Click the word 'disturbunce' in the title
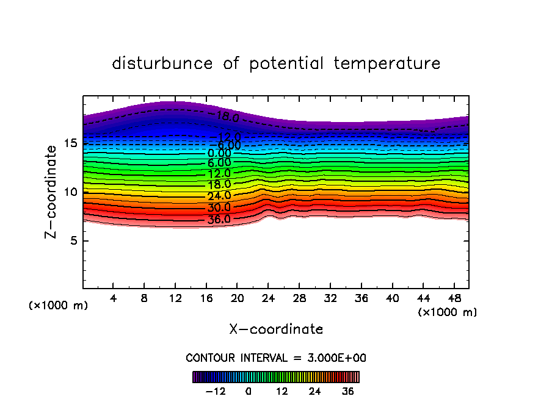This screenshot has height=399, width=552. tap(162, 63)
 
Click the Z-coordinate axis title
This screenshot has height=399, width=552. tap(54, 192)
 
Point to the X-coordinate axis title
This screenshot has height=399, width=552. tap(276, 329)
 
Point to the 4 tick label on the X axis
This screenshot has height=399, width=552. tap(114, 299)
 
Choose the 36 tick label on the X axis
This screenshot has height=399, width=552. tap(361, 299)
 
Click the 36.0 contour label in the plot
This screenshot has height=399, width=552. tap(219, 220)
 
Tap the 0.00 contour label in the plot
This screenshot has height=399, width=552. tap(219, 154)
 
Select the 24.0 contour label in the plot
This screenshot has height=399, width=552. tap(219, 196)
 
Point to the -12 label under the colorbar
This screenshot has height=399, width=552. tap(216, 390)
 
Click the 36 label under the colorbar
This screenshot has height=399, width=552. tap(347, 390)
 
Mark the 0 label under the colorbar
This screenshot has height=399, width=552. tap(249, 390)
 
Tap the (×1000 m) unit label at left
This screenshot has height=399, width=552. tap(59, 306)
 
